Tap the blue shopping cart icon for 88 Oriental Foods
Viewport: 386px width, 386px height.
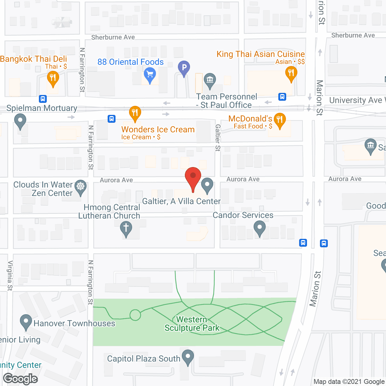tap(150, 74)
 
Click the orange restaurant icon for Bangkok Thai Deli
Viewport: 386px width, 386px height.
tap(53, 78)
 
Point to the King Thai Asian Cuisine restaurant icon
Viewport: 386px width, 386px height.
tap(291, 73)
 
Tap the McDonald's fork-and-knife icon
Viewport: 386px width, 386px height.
tap(280, 120)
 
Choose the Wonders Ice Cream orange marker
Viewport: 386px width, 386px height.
tap(135, 113)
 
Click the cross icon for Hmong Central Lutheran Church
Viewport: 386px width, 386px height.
tap(126, 228)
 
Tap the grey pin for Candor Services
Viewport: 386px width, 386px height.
tap(260, 228)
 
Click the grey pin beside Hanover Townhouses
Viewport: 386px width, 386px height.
tap(26, 321)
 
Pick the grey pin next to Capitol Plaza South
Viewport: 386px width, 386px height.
tap(188, 357)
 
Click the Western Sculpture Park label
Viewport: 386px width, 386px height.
tap(192, 324)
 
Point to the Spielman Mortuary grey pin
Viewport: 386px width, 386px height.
tap(20, 121)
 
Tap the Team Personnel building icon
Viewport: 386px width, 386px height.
tap(210, 80)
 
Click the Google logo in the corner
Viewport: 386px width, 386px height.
tap(21, 379)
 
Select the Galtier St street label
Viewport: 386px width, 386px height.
tap(218, 138)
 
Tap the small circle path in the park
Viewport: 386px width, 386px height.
tap(135, 315)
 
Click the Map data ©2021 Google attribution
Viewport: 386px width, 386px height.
tap(349, 382)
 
